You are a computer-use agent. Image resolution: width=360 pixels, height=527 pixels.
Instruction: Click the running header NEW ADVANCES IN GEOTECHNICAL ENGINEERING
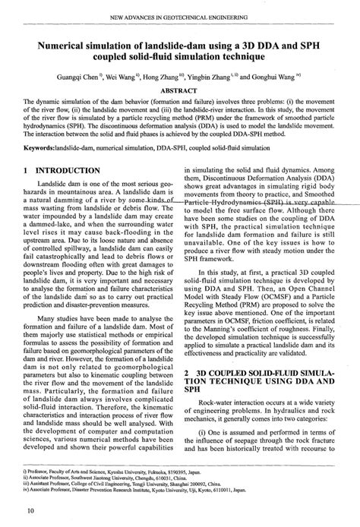pyautogui.click(x=181, y=16)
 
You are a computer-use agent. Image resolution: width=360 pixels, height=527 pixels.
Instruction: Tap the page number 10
pyautogui.click(x=29, y=510)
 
